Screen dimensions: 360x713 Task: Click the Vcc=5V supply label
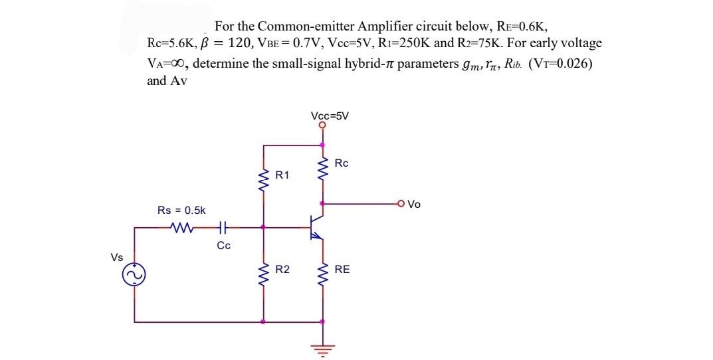(329, 115)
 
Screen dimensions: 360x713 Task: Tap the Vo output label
(414, 205)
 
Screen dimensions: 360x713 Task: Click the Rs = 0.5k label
(181, 210)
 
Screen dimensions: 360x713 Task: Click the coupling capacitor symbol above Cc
(223, 228)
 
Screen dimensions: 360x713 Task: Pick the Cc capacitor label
(224, 246)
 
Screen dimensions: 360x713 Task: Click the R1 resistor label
(282, 175)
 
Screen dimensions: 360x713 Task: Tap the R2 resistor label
(282, 270)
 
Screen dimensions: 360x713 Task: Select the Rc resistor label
(342, 163)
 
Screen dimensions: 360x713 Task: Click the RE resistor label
(342, 270)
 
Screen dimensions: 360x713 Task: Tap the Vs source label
(117, 257)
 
